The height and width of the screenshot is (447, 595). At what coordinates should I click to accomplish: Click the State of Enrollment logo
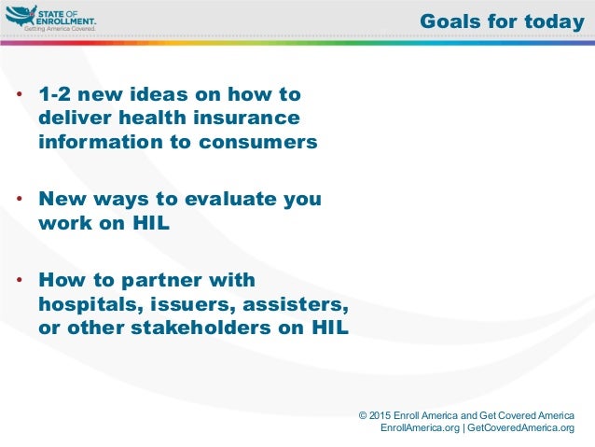tap(51, 19)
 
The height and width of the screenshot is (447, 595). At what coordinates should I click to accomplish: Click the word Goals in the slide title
tap(450, 21)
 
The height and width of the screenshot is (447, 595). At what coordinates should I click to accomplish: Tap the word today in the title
tap(554, 22)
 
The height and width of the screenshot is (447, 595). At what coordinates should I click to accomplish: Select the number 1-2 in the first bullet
tap(55, 94)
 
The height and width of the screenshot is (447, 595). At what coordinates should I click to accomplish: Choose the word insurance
tap(246, 118)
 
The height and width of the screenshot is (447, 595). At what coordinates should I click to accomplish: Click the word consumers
tap(258, 142)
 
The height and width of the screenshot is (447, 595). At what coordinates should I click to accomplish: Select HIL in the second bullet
tap(151, 223)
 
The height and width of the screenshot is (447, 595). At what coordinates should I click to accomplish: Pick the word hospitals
tap(91, 304)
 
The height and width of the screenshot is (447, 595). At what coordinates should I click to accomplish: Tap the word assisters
tap(296, 304)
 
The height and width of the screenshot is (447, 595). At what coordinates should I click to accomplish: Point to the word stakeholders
tap(201, 328)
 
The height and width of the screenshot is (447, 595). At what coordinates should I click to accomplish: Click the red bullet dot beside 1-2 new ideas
tap(20, 94)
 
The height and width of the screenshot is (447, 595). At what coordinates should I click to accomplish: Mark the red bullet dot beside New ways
tap(20, 198)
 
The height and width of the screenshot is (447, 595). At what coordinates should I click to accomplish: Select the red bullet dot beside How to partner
tap(20, 280)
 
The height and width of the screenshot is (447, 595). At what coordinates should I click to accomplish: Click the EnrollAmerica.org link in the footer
tap(420, 427)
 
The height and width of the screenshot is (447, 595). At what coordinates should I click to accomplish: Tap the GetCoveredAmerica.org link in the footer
tap(520, 427)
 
